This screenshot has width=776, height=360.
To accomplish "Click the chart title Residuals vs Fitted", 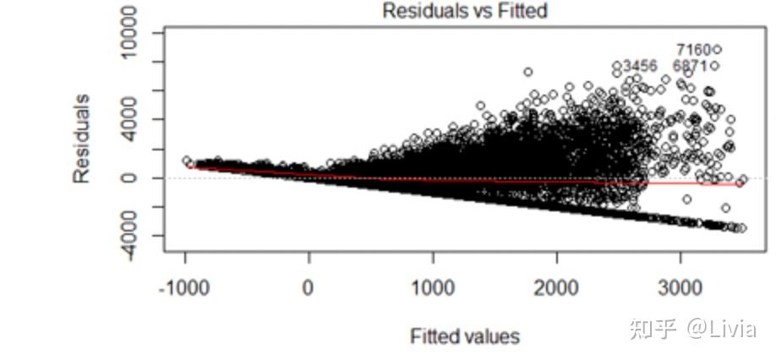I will tap(464, 11).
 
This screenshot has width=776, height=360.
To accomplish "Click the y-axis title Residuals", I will tap(81, 139).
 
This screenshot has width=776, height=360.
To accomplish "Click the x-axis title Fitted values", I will tap(464, 336).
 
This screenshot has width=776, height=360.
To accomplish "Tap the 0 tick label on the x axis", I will tap(309, 288).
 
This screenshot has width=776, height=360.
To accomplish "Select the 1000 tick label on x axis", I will tap(433, 288).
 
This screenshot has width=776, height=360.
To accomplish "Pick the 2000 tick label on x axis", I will tap(557, 288).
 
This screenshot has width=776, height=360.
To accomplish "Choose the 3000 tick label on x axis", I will tap(680, 288).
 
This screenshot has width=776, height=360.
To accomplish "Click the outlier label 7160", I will tap(692, 50).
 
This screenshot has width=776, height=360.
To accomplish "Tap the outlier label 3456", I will tap(640, 66).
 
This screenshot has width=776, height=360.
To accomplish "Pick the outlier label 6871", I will tap(690, 66).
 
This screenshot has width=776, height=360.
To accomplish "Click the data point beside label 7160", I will tap(717, 49).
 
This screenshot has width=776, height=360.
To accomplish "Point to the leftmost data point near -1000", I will tap(187, 161).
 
